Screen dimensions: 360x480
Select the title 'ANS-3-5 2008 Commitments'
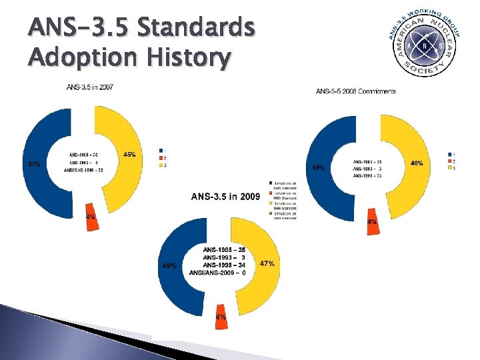pos(355,91)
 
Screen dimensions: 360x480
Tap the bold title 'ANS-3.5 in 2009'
pos(225,197)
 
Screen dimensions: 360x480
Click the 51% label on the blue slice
pos(33,163)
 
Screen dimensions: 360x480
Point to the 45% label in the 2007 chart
pos(130,155)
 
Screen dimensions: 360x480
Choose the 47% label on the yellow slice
pos(267,263)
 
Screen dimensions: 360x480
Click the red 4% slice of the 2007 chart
pos(90,217)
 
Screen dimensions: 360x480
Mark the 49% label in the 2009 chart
pos(169,265)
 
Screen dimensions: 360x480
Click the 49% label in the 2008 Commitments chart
pos(318,168)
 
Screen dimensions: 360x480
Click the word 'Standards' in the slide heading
pos(193,29)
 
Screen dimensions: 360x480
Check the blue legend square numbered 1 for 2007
pos(160,150)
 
